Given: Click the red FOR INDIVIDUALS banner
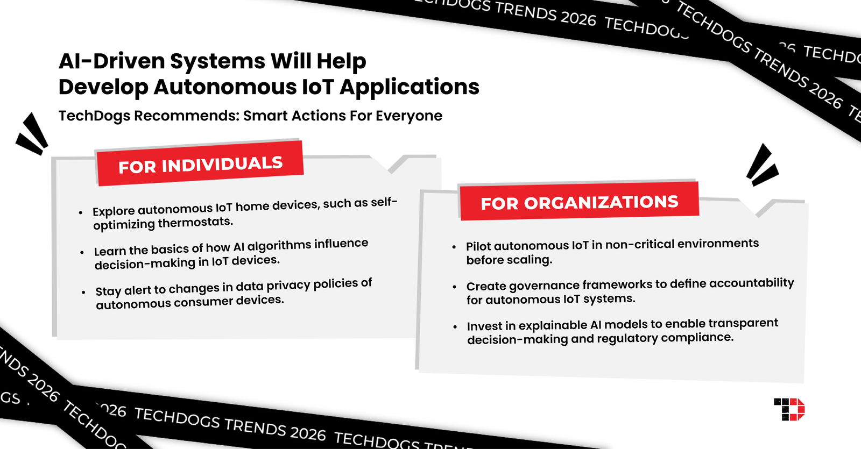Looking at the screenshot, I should (200, 164).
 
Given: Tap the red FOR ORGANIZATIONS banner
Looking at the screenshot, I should (579, 202).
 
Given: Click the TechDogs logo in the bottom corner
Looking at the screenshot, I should (789, 409).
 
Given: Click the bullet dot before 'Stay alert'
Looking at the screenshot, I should (83, 292).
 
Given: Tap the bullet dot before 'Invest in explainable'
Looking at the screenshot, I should (455, 326).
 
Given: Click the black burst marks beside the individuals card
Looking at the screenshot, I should (32, 134).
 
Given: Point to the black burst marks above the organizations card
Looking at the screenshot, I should (761, 165).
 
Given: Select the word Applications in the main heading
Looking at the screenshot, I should (409, 87).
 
